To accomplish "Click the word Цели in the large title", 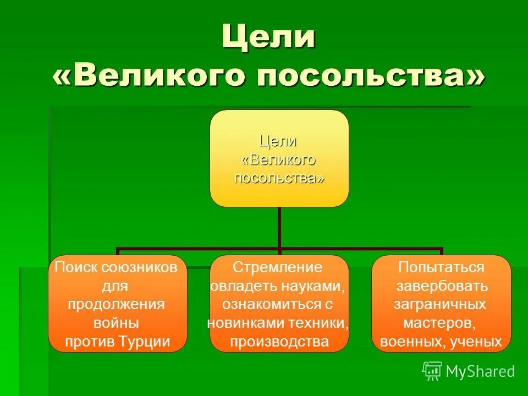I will point(268,37).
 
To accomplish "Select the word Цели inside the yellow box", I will point(278,141).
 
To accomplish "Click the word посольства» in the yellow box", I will point(279,178).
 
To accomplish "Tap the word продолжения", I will point(117,304).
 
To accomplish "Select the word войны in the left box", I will point(117,323).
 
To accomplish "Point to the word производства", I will point(279,342).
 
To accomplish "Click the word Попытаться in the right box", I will point(441,267).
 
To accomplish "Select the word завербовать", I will point(442,286).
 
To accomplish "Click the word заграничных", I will point(441,304).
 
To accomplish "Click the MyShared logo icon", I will point(432,371).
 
